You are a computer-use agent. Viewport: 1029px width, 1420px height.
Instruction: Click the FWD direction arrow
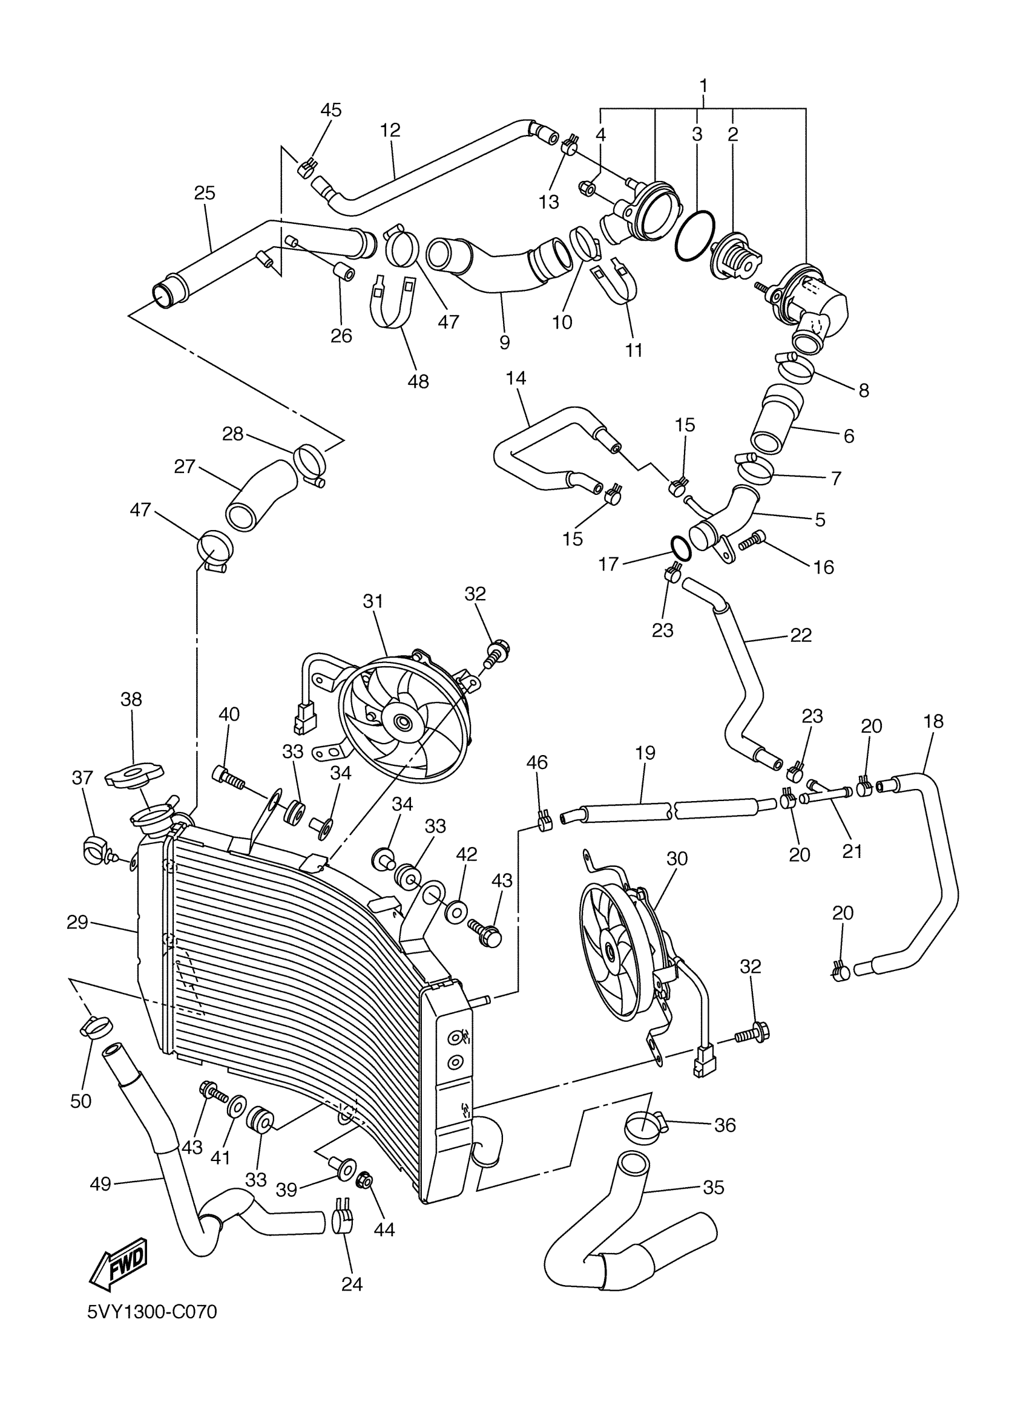click(119, 1261)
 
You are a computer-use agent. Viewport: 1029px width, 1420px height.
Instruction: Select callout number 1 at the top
click(703, 85)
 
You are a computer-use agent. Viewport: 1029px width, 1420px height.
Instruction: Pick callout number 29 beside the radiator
click(77, 921)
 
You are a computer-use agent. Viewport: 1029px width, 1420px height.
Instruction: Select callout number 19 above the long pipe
click(645, 753)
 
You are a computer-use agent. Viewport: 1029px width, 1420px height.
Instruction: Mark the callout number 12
click(390, 130)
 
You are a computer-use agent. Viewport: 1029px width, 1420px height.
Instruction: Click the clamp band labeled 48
click(392, 303)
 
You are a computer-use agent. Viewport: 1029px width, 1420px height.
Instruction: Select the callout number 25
click(204, 193)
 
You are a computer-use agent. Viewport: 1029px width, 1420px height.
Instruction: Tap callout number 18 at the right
click(933, 721)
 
